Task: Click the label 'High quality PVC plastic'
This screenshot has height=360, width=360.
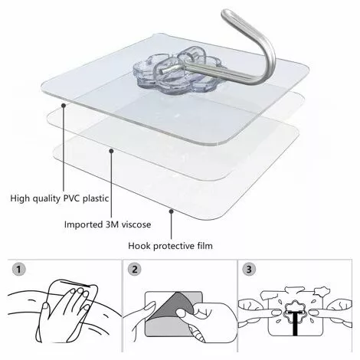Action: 60,198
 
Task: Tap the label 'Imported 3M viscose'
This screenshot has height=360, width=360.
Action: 107,224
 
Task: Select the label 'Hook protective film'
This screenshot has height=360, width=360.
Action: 170,246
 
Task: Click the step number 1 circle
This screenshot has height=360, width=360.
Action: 18,270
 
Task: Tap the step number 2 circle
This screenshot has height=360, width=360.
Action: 134,270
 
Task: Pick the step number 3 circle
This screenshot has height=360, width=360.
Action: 249,270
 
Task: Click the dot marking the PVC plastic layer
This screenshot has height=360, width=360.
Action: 64,105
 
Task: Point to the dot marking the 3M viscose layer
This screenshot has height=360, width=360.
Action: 111,151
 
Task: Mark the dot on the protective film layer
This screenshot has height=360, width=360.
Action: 172,211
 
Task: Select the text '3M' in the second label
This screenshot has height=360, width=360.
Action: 112,224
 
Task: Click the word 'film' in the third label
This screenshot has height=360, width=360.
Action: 205,246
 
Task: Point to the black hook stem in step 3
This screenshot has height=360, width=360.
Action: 296,323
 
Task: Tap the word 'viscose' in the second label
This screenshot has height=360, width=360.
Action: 136,225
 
